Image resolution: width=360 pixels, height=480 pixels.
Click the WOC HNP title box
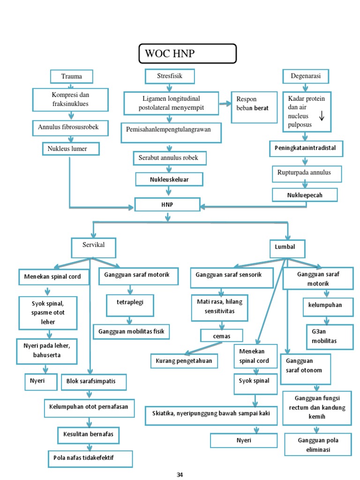pyautogui.click(x=187, y=54)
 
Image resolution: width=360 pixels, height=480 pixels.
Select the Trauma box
pyautogui.click(x=71, y=76)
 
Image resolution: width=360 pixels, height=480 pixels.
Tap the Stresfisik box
pyautogui.click(x=170, y=75)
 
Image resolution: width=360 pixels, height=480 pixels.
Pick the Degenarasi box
pyautogui.click(x=306, y=76)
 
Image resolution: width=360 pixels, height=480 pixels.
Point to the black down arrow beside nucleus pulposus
pyautogui.click(x=322, y=115)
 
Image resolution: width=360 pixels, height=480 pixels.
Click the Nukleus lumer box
pyautogui.click(x=70, y=149)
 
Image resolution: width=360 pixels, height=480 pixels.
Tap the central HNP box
pyautogui.click(x=167, y=205)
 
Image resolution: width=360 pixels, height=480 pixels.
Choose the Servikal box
pyautogui.click(x=93, y=246)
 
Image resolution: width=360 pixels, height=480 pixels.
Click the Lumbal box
pyautogui.click(x=287, y=247)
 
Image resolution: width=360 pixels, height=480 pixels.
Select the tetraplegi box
pyautogui.click(x=129, y=303)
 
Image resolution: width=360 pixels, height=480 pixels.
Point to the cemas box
pyautogui.click(x=222, y=336)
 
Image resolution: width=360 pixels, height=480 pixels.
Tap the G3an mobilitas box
pyautogui.click(x=328, y=337)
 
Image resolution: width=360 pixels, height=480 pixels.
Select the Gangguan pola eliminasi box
pyautogui.click(x=317, y=444)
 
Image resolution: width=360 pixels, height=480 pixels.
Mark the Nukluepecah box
pyautogui.click(x=305, y=195)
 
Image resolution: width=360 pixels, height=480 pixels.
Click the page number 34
pyautogui.click(x=180, y=475)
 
